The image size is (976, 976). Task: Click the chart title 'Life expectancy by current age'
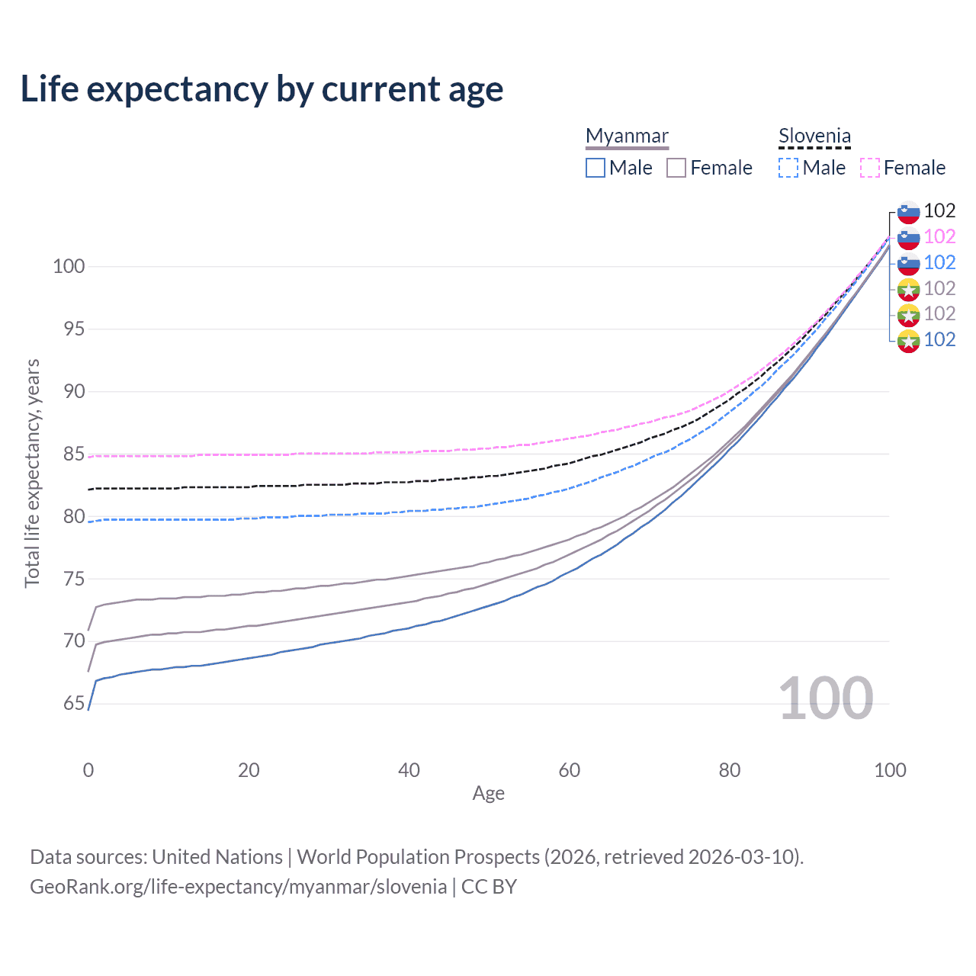click(x=262, y=89)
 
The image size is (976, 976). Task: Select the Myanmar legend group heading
click(x=627, y=136)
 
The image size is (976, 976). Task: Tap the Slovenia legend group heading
click(x=814, y=136)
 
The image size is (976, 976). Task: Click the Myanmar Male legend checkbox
click(x=596, y=168)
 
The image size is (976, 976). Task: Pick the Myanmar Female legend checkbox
click(x=676, y=168)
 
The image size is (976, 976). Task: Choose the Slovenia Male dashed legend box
click(x=788, y=168)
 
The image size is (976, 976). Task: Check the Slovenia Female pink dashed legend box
click(x=870, y=168)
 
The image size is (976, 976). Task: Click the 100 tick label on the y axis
click(x=69, y=267)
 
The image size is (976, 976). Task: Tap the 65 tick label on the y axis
click(x=74, y=704)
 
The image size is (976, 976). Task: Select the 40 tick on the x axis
click(x=409, y=770)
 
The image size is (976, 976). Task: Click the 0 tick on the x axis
click(x=88, y=770)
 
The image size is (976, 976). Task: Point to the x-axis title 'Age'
click(x=488, y=794)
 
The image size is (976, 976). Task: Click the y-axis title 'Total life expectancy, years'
click(x=32, y=474)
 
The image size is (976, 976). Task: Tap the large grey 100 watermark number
click(x=826, y=698)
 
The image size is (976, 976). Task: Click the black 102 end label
click(x=939, y=211)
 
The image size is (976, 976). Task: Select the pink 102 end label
click(x=939, y=237)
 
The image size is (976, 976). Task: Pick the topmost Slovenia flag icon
click(x=908, y=213)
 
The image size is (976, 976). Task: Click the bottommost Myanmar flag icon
click(x=908, y=341)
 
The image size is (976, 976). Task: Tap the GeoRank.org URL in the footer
click(x=239, y=887)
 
